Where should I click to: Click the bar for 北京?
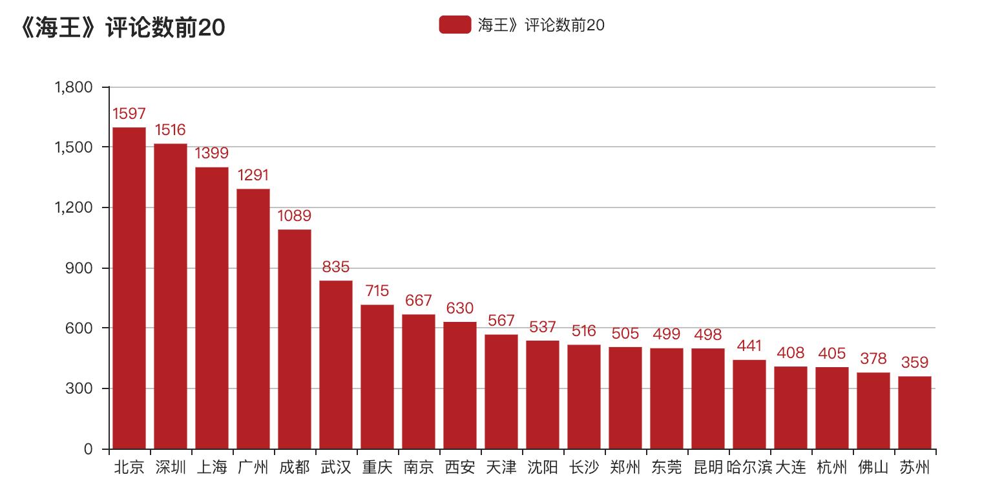[129, 288]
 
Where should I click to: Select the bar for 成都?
[295, 339]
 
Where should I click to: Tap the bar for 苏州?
[915, 412]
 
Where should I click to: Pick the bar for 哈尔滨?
[749, 404]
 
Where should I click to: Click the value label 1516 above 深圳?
[171, 130]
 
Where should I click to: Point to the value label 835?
[336, 267]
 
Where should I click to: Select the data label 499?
[667, 334]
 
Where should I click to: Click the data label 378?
[873, 359]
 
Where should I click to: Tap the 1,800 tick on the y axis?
[75, 87]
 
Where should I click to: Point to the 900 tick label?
[81, 268]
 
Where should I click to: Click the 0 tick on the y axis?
[89, 449]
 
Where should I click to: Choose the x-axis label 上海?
[212, 467]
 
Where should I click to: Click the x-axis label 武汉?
[336, 467]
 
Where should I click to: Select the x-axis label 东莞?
[667, 467]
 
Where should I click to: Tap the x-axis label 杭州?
[832, 467]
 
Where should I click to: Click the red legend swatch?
[455, 25]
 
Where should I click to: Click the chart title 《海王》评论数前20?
[123, 28]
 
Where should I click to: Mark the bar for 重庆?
[377, 377]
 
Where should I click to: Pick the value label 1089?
[295, 216]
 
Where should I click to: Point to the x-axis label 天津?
[501, 467]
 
